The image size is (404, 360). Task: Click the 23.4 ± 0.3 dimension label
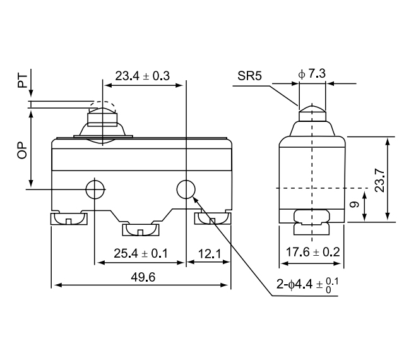[x=142, y=76]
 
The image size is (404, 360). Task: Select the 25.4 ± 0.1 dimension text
[x=140, y=253]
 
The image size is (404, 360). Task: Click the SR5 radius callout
[x=250, y=76]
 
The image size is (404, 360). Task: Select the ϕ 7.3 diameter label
[x=311, y=75]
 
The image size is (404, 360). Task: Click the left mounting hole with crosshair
[x=95, y=189]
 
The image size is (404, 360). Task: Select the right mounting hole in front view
[x=185, y=189]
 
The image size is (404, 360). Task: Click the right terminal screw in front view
[x=211, y=219]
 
